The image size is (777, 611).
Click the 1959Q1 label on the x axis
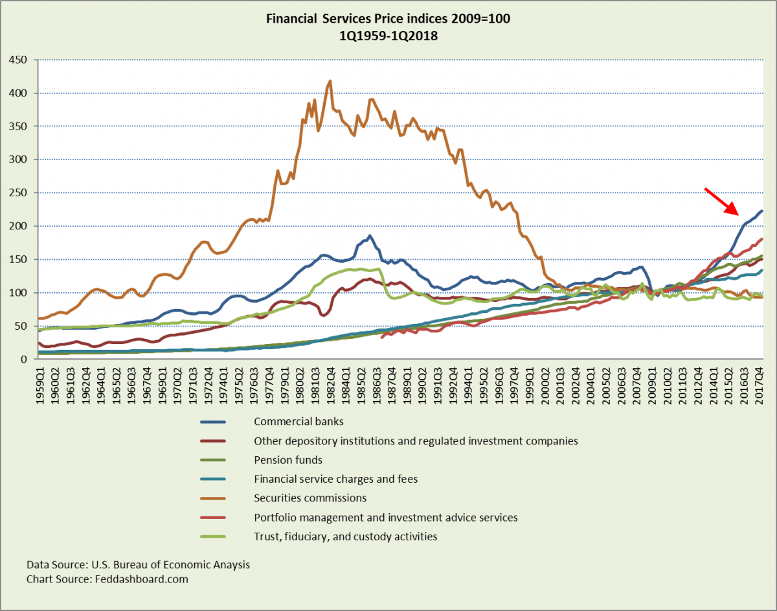[41, 386]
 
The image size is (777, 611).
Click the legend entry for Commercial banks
[298, 421]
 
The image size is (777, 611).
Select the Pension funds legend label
[288, 460]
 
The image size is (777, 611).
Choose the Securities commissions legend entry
[310, 498]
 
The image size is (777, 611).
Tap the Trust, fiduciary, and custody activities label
[346, 536]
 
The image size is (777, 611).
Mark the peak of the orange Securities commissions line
[330, 81]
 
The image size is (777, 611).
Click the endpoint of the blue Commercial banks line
[761, 211]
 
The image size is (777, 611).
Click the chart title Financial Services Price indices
[388, 19]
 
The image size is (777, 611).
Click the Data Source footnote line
[138, 564]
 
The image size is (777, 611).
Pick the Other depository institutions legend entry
[416, 441]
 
